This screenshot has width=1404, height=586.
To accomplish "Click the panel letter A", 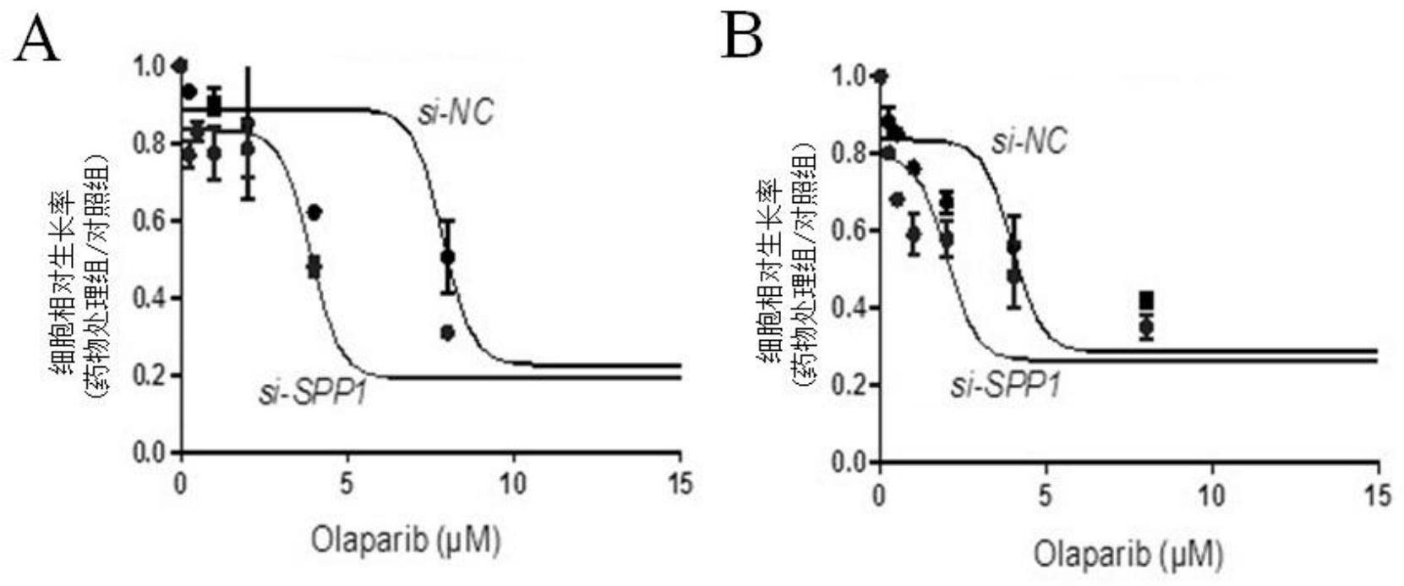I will [38, 40].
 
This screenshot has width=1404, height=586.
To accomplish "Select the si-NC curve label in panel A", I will [455, 113].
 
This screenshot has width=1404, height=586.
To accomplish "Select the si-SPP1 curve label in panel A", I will [313, 393].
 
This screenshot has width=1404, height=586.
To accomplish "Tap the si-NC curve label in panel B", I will [1029, 140].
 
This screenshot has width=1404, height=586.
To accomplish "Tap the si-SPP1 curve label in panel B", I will [1006, 386].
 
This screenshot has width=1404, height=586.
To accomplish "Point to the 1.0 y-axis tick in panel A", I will [150, 66].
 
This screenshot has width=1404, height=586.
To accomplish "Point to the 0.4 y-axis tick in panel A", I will [150, 298].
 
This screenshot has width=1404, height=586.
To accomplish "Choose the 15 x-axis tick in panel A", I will [680, 485].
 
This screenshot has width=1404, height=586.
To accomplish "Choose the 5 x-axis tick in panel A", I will [347, 485].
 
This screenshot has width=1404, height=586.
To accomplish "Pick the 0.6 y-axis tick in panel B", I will [850, 231].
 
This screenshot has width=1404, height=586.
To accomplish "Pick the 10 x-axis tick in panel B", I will [1211, 496].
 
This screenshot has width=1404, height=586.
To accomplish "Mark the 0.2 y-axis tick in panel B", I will [850, 386].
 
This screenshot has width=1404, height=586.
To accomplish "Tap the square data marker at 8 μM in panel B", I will [1146, 300].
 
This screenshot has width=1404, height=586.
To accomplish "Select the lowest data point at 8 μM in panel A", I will [447, 333].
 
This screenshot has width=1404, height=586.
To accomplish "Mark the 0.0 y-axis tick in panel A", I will [150, 453].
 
